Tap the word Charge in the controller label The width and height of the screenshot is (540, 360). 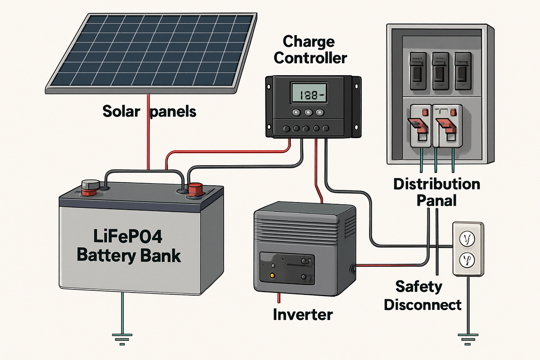tap(309, 43)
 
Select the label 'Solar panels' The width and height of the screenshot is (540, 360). tap(149, 111)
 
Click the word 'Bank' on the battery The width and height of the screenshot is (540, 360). tap(157, 256)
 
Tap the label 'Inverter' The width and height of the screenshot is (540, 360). tap(303, 314)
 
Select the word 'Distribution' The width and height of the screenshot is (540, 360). tap(436, 184)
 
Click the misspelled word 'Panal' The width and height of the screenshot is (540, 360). tap(436, 200)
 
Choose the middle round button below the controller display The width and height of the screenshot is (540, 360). tap(309, 113)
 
